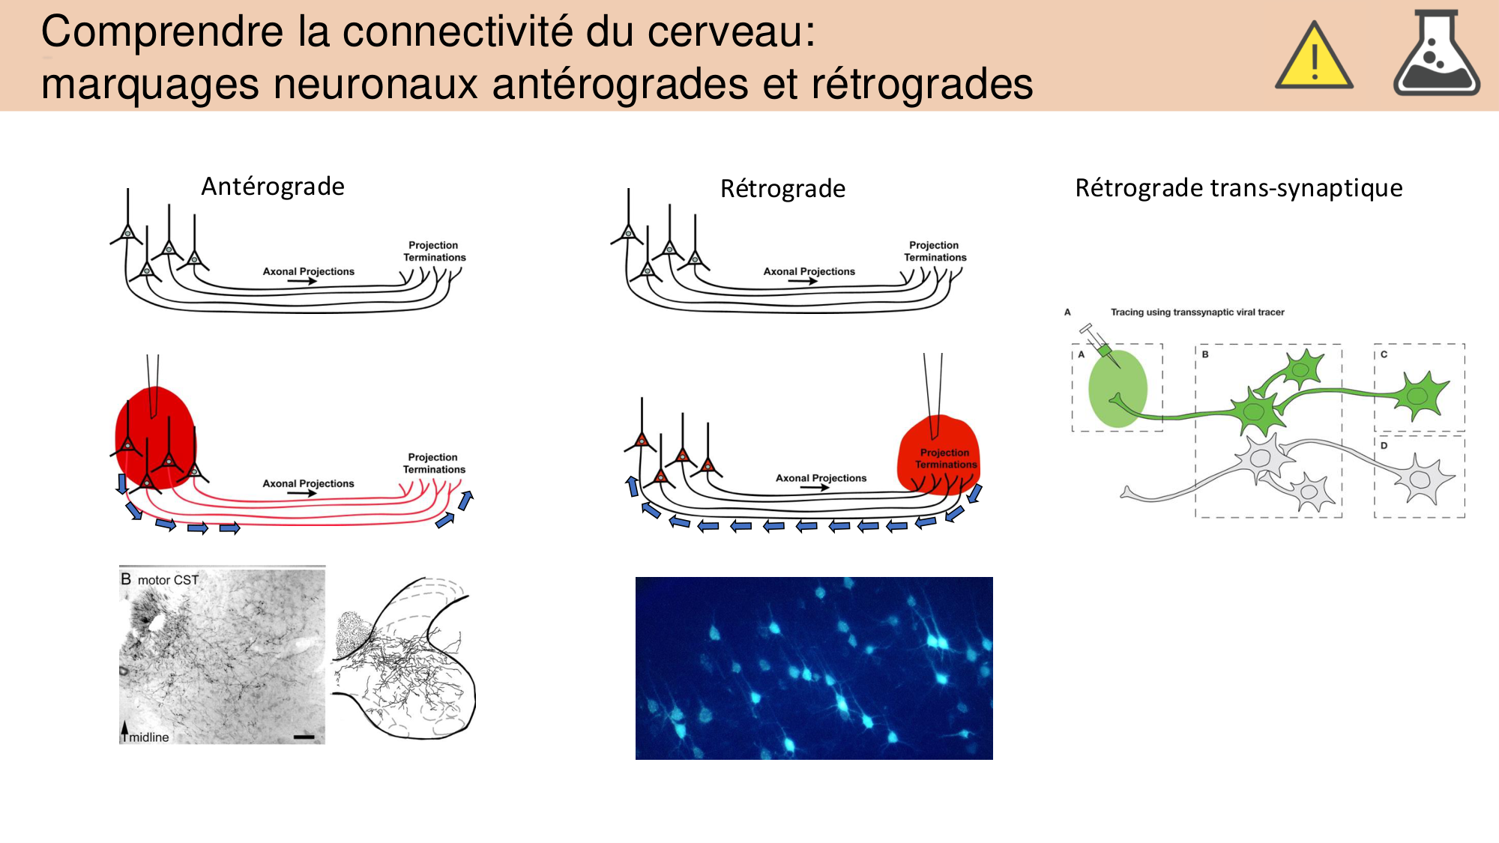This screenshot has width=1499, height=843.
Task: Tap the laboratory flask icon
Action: point(1436,55)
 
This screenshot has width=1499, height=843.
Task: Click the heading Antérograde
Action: point(273,187)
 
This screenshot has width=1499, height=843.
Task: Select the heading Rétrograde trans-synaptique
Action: point(1238,188)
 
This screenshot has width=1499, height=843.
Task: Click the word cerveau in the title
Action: point(723,32)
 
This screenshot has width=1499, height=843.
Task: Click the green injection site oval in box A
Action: point(1118,388)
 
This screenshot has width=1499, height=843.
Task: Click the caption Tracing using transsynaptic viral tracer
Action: point(1197,312)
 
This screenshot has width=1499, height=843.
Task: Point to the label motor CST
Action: point(168,580)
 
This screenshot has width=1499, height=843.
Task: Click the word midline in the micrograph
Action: point(149,737)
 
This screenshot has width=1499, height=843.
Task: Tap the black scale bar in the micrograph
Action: point(304,737)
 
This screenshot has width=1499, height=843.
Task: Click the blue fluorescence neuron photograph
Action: point(814,668)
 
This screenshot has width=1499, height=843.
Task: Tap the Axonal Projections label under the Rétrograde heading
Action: point(809,272)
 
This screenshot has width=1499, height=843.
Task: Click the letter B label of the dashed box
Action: point(1205,354)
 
